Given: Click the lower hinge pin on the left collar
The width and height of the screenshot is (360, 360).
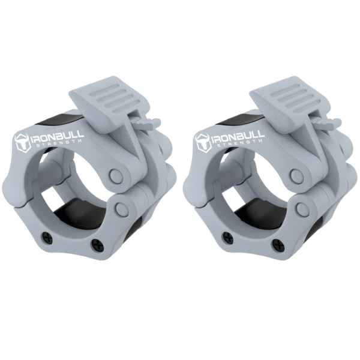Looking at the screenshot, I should tap(122, 209).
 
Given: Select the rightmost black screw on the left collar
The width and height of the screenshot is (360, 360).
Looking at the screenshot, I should tap(97, 245).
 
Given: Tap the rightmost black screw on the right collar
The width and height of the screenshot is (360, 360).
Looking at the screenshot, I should tap(278, 245).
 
